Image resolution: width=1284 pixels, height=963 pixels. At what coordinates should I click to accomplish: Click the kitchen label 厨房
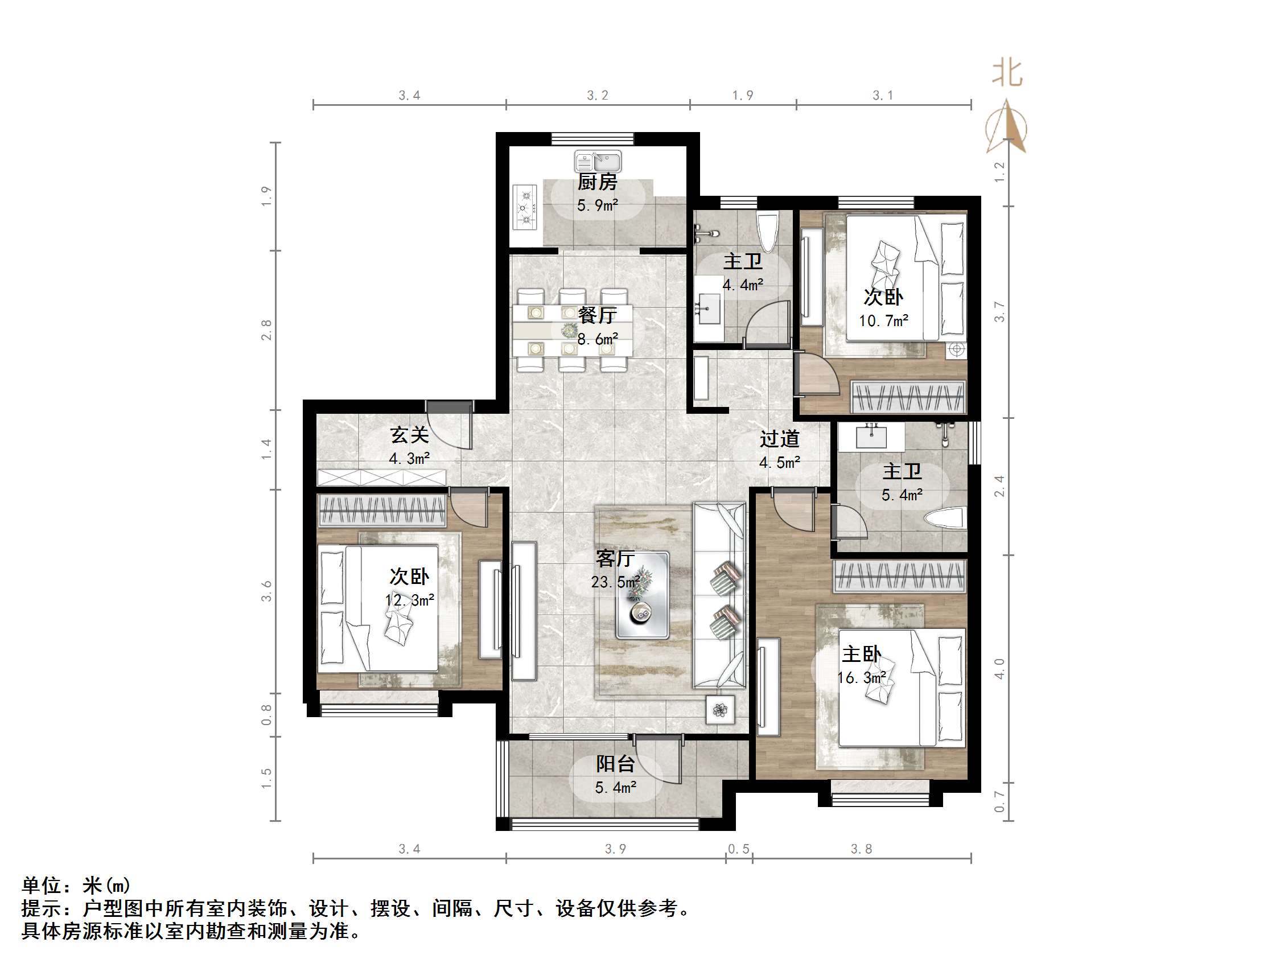click(x=597, y=182)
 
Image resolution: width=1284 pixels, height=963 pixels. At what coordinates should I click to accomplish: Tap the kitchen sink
click(x=598, y=162)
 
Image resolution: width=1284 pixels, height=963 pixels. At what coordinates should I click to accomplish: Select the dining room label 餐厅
click(x=597, y=315)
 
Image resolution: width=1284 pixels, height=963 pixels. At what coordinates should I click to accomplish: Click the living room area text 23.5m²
click(x=615, y=582)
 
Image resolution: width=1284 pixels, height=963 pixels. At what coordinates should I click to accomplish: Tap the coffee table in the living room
click(x=642, y=595)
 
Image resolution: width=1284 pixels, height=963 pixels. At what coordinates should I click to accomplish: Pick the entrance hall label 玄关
click(x=409, y=435)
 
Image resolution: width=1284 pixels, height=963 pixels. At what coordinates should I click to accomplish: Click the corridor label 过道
click(x=780, y=439)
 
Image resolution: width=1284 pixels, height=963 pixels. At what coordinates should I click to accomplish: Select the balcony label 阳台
click(x=615, y=764)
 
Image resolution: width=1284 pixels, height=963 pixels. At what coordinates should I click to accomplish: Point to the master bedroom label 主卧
click(x=862, y=654)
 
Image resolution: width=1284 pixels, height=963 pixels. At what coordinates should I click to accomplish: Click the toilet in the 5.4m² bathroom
click(x=946, y=518)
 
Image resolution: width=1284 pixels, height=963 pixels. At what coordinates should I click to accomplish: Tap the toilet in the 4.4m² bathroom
click(x=767, y=231)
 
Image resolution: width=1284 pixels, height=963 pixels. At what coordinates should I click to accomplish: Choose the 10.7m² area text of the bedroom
click(x=883, y=320)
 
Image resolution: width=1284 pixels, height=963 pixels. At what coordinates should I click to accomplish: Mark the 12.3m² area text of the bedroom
click(x=410, y=600)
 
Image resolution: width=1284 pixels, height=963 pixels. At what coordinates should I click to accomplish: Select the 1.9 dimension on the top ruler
click(x=742, y=95)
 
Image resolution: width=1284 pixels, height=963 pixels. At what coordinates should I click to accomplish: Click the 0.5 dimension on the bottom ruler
click(x=738, y=849)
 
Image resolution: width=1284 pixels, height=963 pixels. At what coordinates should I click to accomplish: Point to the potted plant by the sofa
click(x=721, y=709)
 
